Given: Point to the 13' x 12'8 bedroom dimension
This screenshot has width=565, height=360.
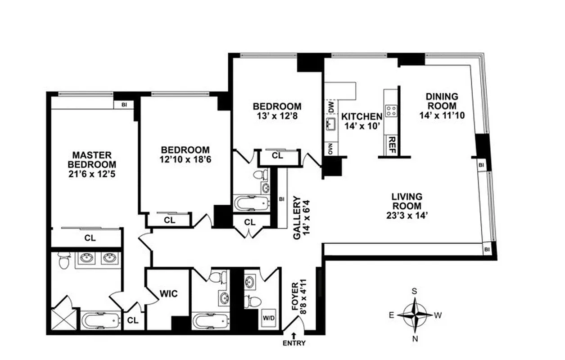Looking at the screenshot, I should [276, 115].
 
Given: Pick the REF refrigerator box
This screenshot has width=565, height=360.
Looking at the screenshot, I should [390, 144].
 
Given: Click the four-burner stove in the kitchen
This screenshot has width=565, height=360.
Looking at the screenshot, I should [390, 111].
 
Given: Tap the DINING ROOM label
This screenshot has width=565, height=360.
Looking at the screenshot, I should [442, 101].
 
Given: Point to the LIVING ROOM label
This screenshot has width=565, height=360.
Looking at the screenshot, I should [407, 201].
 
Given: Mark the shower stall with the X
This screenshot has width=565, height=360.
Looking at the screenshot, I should [63, 318].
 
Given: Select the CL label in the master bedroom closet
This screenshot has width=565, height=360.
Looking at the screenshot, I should [90, 238].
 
